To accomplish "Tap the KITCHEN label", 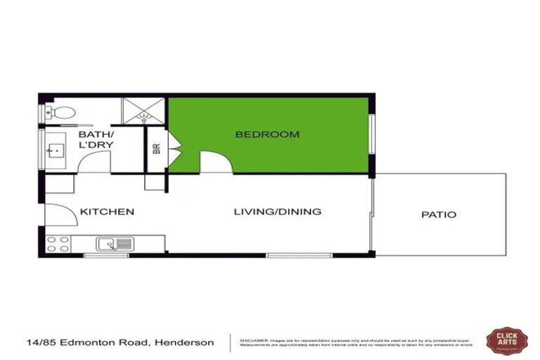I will [x=107, y=212].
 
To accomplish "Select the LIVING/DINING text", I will [x=278, y=212].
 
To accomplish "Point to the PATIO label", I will [x=439, y=214].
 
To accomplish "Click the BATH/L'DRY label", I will [x=96, y=140].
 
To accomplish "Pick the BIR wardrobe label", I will [x=156, y=149].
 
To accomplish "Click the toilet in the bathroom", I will [x=62, y=112].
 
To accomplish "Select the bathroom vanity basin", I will [x=55, y=149].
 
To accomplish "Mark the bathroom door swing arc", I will [x=94, y=162].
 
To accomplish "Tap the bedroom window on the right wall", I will [x=373, y=133].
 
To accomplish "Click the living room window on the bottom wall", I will [x=289, y=255].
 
